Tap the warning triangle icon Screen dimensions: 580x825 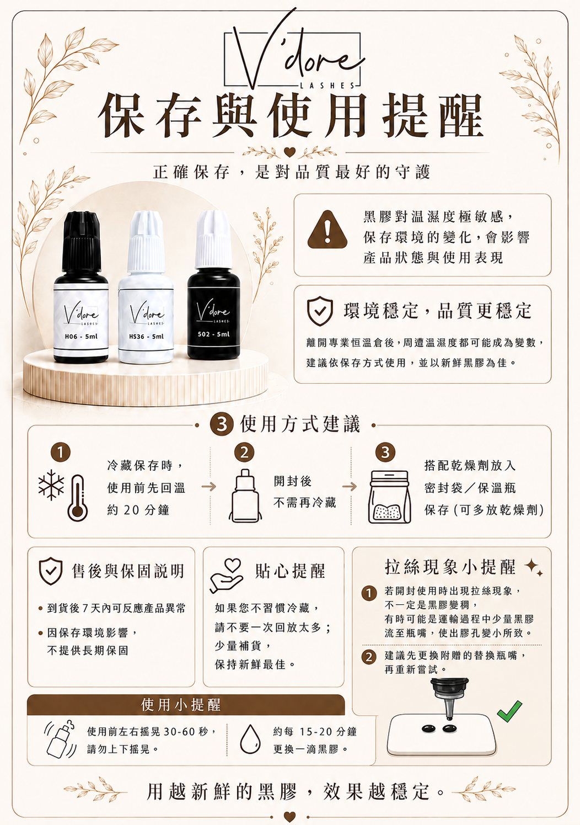(327, 230)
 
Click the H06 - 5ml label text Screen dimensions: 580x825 (81, 336)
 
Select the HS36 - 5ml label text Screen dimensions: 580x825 (147, 336)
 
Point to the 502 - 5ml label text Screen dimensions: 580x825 (213, 334)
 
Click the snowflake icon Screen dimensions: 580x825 (51, 485)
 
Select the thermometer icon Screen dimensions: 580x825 (78, 498)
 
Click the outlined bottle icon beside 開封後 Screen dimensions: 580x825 (245, 496)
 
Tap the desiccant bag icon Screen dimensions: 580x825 (390, 497)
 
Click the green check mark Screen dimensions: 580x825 (509, 711)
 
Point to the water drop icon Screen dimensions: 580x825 (250, 739)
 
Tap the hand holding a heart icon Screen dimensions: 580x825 (226, 576)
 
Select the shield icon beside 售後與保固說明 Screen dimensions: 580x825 (51, 571)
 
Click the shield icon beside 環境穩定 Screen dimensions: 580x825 (320, 311)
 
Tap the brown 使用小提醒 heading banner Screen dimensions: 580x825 (186, 705)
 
